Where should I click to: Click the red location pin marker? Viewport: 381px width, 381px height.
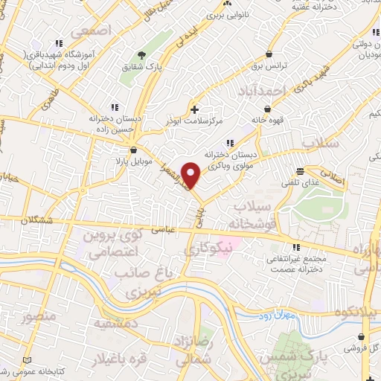pyautogui.click(x=192, y=176)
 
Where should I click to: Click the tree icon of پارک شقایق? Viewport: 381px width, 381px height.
pyautogui.click(x=141, y=54)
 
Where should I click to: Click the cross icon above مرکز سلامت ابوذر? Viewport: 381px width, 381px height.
pyautogui.click(x=195, y=109)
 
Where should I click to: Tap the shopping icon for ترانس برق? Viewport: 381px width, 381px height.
pyautogui.click(x=269, y=54)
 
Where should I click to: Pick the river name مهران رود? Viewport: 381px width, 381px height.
pyautogui.click(x=280, y=316)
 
